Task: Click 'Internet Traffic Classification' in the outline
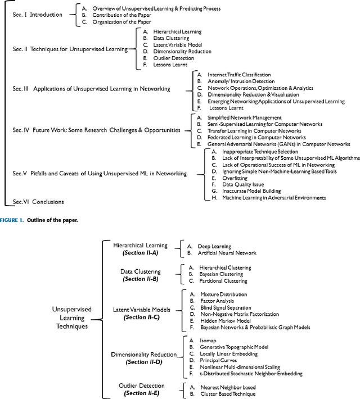click(x=239, y=74)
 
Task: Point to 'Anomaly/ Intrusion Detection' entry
click(x=237, y=81)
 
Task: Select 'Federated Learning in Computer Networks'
click(x=249, y=137)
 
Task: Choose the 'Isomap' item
click(x=209, y=341)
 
